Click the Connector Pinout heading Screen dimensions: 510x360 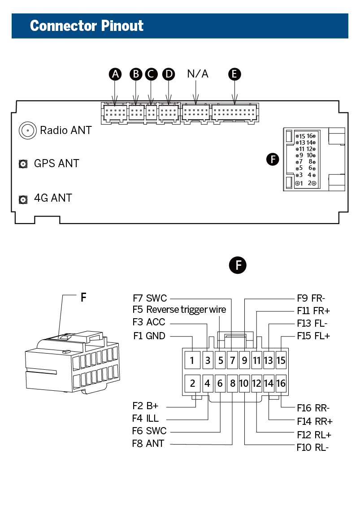click(x=87, y=26)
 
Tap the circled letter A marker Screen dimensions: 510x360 click(x=116, y=74)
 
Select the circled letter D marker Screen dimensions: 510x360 click(x=169, y=74)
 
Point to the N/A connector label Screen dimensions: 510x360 click(x=198, y=74)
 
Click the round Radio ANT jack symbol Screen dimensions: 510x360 click(x=27, y=130)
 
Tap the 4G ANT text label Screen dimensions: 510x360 click(x=53, y=198)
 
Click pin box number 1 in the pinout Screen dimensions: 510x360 click(x=192, y=360)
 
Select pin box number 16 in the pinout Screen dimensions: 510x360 click(x=281, y=384)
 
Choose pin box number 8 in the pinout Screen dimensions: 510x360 click(x=232, y=384)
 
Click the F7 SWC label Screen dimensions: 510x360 click(x=150, y=298)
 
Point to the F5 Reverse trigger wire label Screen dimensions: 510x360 click(x=179, y=310)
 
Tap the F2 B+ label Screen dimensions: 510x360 click(x=146, y=406)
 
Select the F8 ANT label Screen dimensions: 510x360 click(x=148, y=444)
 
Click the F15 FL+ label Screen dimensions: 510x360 click(x=313, y=336)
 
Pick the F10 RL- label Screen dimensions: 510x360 click(x=313, y=447)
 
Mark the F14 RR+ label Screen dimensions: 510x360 click(x=315, y=421)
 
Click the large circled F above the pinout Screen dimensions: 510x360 click(x=238, y=265)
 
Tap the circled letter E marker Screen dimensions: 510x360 click(x=234, y=74)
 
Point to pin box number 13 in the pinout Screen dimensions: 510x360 click(x=269, y=360)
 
